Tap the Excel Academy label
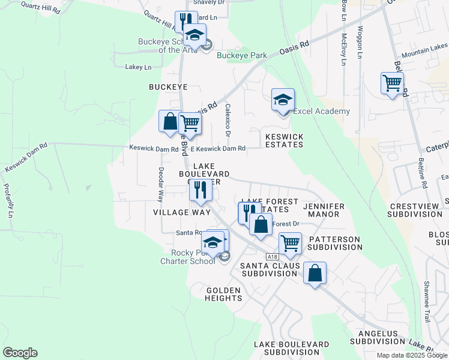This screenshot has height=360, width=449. click(x=321, y=112)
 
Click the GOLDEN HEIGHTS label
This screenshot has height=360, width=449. click(x=223, y=294)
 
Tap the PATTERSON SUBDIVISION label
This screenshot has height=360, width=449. click(x=334, y=243)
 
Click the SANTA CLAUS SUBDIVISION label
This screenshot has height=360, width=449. click(x=269, y=269)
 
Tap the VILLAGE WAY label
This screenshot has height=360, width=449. click(x=182, y=212)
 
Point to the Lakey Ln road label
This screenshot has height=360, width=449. click(x=139, y=67)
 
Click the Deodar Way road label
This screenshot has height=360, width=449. click(x=160, y=184)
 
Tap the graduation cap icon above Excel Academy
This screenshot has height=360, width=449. click(x=283, y=99)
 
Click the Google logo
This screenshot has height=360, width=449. click(x=20, y=353)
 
